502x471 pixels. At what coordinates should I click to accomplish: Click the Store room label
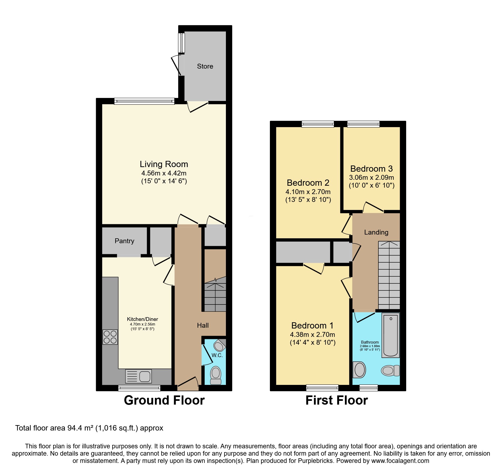205,66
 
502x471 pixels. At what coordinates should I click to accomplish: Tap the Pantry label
124,241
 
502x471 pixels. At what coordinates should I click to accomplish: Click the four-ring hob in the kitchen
110,337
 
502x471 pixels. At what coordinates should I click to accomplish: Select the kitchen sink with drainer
138,376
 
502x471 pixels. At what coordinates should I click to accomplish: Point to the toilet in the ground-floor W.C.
216,375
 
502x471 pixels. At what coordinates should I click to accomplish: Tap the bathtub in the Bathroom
390,335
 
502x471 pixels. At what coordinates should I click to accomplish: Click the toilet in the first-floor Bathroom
390,371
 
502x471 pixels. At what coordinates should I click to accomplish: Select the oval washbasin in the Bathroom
359,370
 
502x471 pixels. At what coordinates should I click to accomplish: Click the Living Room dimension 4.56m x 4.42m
164,173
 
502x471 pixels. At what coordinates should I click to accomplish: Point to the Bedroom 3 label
371,169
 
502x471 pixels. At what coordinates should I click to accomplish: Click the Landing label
376,232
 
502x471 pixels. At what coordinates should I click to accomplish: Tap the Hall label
203,325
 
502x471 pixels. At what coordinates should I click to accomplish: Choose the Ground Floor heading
164,400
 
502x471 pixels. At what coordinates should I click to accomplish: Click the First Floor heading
337,400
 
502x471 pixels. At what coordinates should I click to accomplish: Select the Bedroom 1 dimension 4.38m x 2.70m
313,335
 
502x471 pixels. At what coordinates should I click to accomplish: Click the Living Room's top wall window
144,101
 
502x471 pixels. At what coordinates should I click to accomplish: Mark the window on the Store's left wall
181,43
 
